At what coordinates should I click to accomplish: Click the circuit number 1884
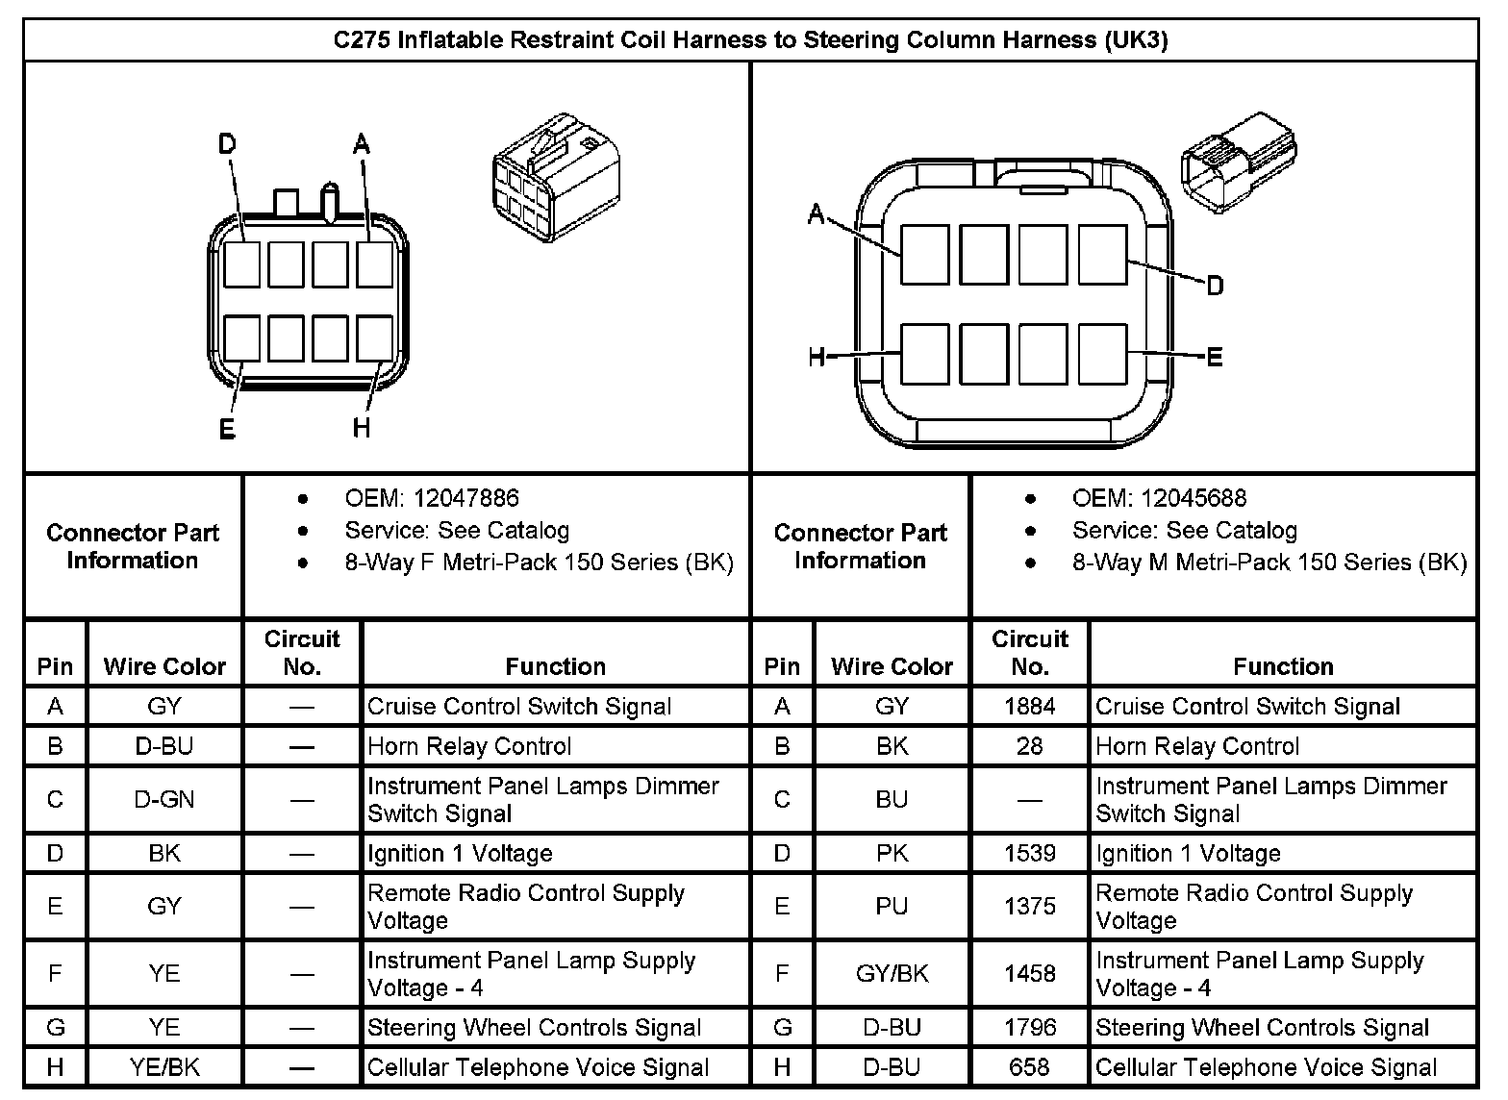[x=1029, y=707]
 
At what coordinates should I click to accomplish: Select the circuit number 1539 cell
[x=1029, y=853]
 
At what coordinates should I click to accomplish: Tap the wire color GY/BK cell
[x=892, y=974]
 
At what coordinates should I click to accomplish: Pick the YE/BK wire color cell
[x=164, y=1067]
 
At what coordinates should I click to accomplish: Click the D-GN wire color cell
[x=164, y=799]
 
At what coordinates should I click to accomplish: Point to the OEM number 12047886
[x=465, y=498]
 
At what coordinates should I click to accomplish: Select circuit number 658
[x=1029, y=1067]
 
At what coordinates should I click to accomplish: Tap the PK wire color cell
[x=892, y=853]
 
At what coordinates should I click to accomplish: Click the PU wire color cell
[x=892, y=906]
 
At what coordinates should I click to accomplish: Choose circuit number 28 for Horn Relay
[x=1029, y=746]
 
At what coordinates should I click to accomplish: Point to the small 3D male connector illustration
[x=1238, y=161]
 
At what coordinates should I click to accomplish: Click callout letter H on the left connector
[x=362, y=427]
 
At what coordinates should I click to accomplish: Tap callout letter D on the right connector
[x=1215, y=286]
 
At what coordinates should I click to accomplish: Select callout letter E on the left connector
[x=227, y=429]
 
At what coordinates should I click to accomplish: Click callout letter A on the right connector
[x=817, y=213]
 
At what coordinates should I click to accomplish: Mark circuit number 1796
[x=1029, y=1028]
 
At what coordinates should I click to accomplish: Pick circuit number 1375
[x=1029, y=906]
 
